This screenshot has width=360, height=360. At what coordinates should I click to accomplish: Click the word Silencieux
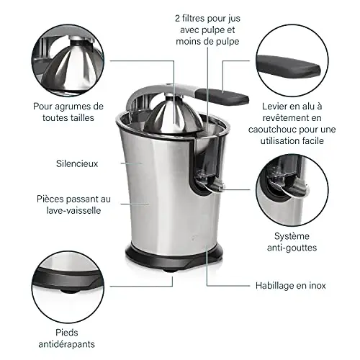(x=77, y=163)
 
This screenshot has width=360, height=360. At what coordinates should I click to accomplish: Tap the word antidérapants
(x=67, y=344)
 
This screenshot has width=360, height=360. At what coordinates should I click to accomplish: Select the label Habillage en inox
(x=290, y=286)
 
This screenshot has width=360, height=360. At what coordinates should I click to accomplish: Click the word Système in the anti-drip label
(x=292, y=236)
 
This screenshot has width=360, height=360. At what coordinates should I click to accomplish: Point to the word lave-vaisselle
(x=73, y=210)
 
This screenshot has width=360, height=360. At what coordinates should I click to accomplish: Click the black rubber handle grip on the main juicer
(x=222, y=97)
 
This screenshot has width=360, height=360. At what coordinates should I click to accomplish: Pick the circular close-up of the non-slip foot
(x=68, y=287)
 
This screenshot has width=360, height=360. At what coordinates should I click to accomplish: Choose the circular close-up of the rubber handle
(x=292, y=60)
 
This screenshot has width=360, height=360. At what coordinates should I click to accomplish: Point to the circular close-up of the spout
(x=292, y=190)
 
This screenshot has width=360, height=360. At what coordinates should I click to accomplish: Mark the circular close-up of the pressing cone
(x=68, y=60)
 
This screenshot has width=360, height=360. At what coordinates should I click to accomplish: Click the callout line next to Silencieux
(x=132, y=163)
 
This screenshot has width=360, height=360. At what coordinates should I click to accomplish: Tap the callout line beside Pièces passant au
(x=135, y=204)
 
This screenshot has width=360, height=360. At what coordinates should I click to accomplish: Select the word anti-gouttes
(x=292, y=248)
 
